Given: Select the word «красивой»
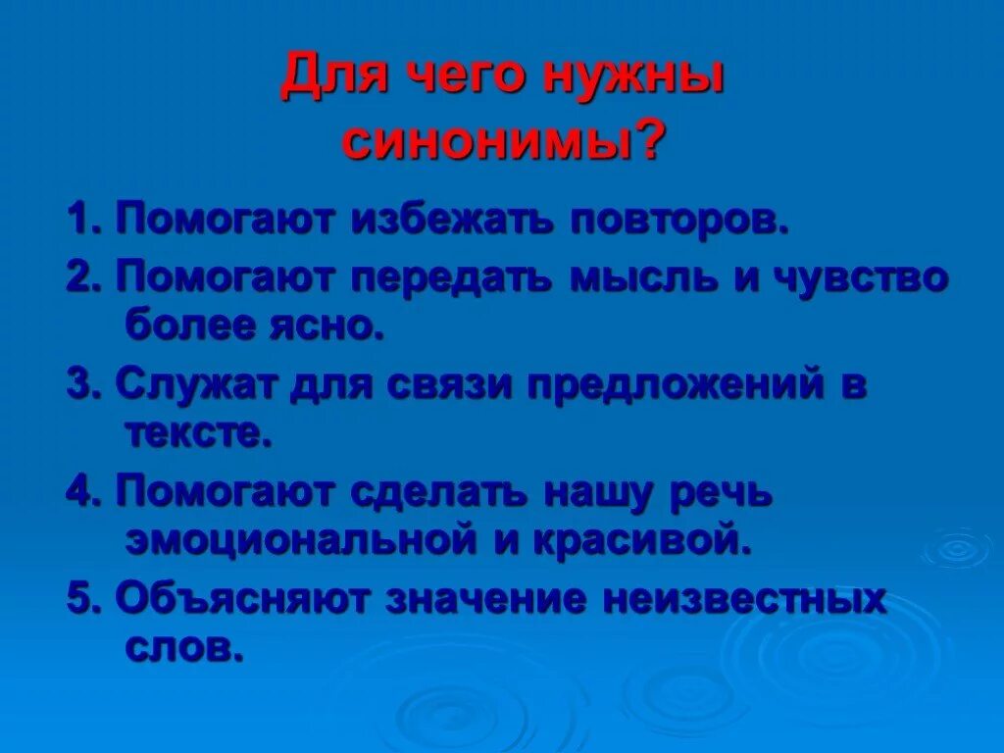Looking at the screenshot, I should [x=648, y=540].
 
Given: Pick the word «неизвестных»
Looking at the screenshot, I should [x=744, y=599].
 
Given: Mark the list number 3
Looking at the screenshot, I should [x=78, y=385].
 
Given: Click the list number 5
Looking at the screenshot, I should [x=78, y=599].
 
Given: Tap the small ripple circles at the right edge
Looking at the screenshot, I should [x=957, y=549].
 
